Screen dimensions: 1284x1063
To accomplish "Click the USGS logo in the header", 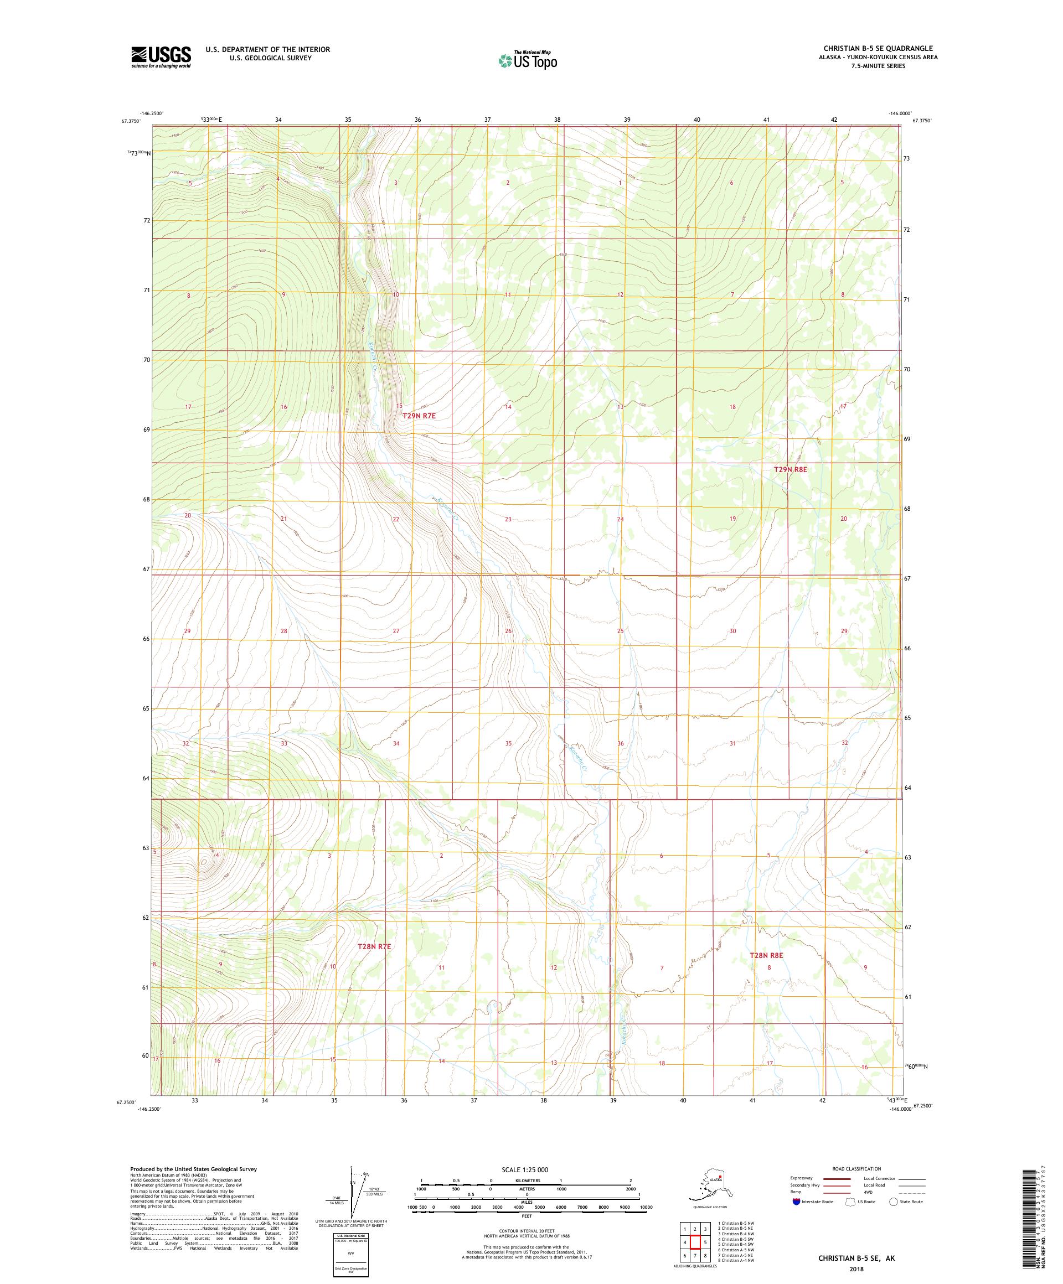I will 160,57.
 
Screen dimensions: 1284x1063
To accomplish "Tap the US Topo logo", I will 527,60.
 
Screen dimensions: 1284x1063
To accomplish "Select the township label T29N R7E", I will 419,416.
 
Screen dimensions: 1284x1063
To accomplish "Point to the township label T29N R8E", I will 790,469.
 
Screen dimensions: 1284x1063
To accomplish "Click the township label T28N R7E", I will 374,946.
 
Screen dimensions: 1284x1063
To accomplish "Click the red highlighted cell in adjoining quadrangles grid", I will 695,1242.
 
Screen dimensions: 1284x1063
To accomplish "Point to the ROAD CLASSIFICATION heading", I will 856,1168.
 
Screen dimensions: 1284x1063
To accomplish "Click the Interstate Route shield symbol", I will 795,1202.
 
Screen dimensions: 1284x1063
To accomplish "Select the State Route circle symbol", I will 893,1202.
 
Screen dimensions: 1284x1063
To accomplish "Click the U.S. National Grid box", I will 350,1254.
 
